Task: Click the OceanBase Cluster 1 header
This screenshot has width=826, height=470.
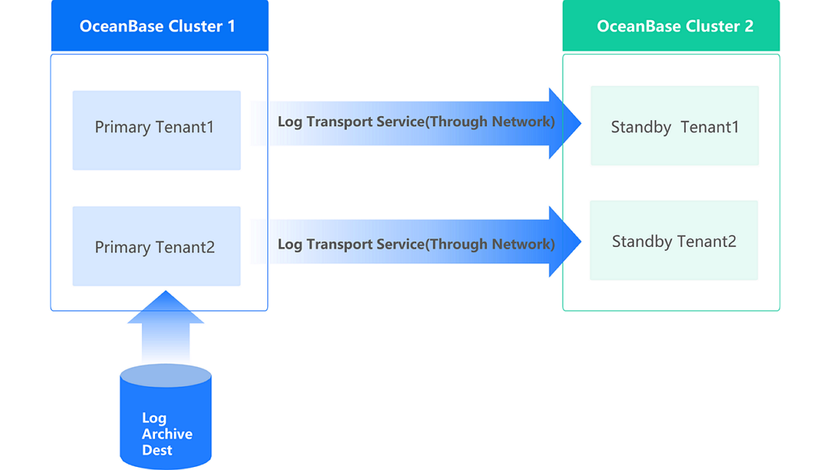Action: [x=159, y=26]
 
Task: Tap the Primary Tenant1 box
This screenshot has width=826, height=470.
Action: [x=157, y=129]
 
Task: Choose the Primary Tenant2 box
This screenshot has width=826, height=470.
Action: [x=157, y=246]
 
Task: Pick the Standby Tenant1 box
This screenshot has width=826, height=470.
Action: [x=674, y=125]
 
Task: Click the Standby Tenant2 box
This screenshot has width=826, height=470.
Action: [x=673, y=241]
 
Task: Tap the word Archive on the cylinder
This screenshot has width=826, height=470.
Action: [x=167, y=434]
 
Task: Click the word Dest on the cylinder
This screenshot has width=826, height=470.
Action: [x=157, y=451]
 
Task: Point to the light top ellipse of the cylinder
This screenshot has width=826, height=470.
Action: [x=165, y=376]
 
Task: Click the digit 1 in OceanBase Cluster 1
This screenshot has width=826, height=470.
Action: [x=231, y=26]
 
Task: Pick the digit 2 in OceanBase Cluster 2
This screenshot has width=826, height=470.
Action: [x=749, y=26]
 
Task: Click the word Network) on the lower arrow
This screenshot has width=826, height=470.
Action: [x=527, y=244]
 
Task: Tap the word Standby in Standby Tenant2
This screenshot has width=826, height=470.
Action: [x=641, y=242]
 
